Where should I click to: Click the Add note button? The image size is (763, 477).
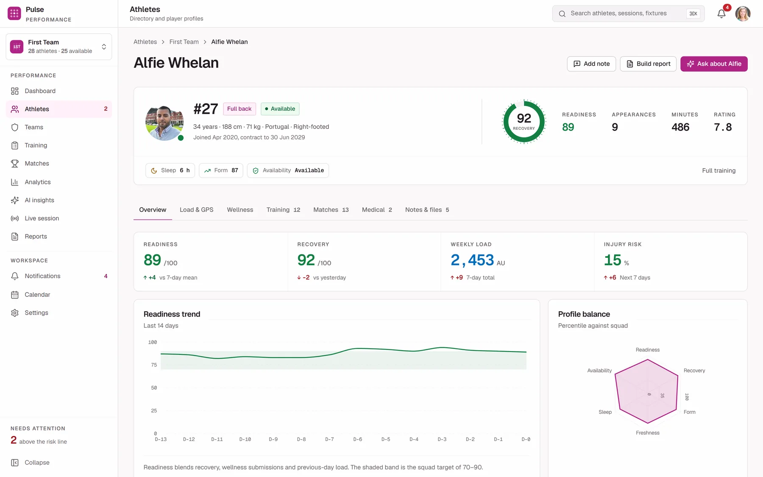(x=591, y=64)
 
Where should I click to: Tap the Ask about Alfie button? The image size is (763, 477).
(x=714, y=64)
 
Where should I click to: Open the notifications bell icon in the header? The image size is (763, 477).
(x=721, y=14)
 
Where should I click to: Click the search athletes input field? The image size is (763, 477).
(x=628, y=14)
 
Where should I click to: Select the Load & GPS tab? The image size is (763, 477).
(x=196, y=210)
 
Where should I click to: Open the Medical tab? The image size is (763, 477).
(x=377, y=210)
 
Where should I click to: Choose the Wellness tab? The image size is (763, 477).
(x=240, y=210)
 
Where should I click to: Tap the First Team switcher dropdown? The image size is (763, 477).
(x=59, y=47)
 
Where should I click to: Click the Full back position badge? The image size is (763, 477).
(x=239, y=109)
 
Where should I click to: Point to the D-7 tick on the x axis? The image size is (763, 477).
(x=329, y=439)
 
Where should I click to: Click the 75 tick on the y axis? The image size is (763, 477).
(x=154, y=365)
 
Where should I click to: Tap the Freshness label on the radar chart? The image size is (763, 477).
(x=648, y=433)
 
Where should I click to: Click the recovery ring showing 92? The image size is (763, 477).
(x=524, y=101)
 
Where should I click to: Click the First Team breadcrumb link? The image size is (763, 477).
(x=184, y=42)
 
